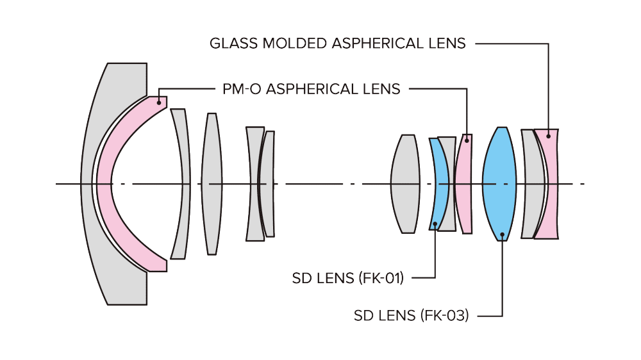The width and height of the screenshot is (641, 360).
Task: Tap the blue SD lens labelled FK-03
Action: [x=499, y=184]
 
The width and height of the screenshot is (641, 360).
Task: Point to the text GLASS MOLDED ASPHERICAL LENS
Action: [x=338, y=44]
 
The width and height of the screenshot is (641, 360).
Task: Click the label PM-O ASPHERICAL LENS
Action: [x=311, y=89]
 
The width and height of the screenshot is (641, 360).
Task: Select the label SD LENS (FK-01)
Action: [x=348, y=278]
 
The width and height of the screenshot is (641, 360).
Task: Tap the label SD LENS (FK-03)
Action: [x=412, y=315]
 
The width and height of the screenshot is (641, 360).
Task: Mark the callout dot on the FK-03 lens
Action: [x=503, y=234]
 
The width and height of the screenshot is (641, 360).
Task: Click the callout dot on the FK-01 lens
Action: [x=435, y=224]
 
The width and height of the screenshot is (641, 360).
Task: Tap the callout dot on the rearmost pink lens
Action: [x=549, y=136]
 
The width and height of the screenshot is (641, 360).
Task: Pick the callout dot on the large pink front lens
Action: [x=158, y=102]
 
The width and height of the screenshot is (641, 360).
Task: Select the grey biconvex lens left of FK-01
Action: [x=404, y=184]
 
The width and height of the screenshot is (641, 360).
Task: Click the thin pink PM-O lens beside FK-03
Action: [x=463, y=184]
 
